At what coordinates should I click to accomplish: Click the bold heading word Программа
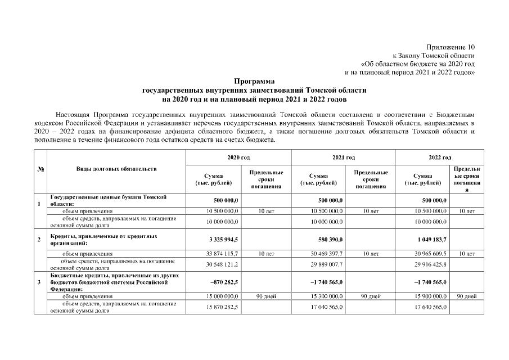pos(254,81)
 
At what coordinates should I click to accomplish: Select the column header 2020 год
pos(238,158)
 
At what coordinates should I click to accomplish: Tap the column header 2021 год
pos(343,158)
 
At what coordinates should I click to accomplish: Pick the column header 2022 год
pos(440,158)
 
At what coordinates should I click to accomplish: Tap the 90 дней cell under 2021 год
pos(371,296)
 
